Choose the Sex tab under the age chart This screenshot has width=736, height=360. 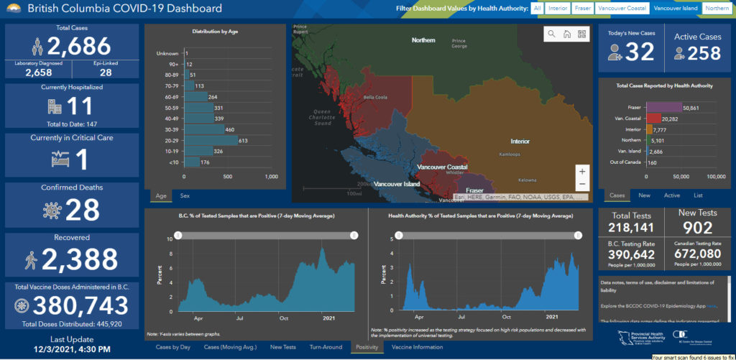tap(185, 195)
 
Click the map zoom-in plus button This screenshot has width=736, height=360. tap(581, 172)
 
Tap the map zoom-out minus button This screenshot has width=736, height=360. tap(581, 185)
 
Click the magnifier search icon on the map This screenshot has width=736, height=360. tap(551, 34)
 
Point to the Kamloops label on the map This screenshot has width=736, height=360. tap(511, 154)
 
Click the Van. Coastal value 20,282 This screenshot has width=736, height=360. tap(674, 119)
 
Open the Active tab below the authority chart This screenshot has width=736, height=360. tap(671, 195)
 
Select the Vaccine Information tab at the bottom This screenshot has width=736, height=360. tap(417, 347)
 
